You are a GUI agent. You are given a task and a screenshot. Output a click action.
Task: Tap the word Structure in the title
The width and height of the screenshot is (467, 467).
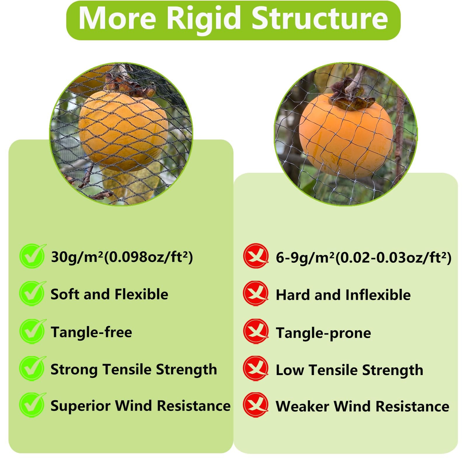click(x=320, y=18)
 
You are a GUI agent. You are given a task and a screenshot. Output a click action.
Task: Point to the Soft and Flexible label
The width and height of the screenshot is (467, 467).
click(x=109, y=294)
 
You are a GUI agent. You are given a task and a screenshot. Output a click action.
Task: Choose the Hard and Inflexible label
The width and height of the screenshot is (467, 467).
click(x=343, y=295)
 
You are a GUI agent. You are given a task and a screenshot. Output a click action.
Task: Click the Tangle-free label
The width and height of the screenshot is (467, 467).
click(x=91, y=332)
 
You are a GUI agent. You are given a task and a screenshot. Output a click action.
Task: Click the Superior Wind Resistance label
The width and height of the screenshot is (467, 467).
click(x=141, y=406)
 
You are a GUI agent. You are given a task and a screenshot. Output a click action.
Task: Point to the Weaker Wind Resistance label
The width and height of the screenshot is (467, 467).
click(x=363, y=407)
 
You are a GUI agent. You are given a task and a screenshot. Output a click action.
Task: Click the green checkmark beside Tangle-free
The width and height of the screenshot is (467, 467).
click(x=32, y=331)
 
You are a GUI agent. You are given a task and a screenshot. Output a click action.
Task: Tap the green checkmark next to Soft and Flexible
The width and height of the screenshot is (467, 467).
click(x=32, y=293)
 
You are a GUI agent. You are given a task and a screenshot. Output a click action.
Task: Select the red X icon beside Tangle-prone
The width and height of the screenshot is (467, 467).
click(x=256, y=331)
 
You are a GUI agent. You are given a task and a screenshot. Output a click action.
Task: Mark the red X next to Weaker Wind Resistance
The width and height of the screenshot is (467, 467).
click(x=256, y=405)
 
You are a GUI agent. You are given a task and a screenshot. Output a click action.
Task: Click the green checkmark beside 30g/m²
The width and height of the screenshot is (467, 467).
click(x=32, y=256)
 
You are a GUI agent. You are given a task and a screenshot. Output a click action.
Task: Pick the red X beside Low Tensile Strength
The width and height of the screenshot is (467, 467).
click(x=256, y=368)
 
